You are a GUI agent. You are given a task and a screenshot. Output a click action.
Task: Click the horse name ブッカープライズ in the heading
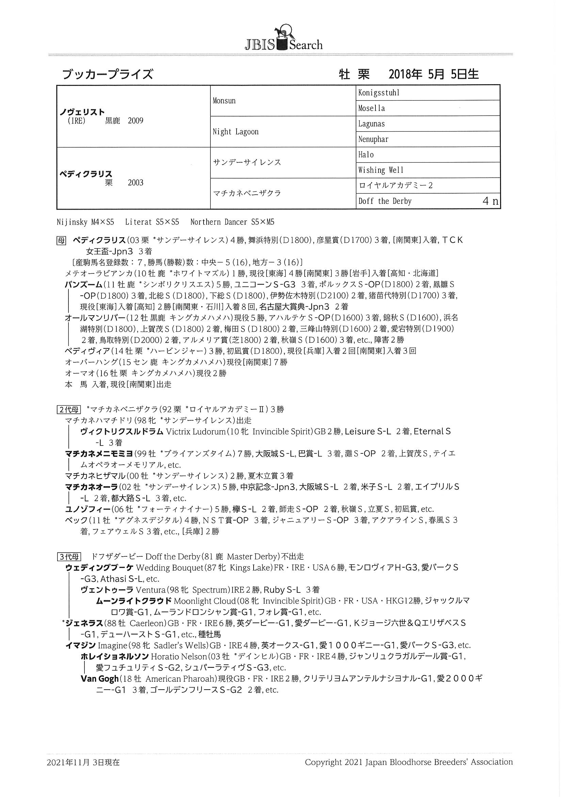107,74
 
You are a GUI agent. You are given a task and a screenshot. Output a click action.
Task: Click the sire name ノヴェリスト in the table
82,112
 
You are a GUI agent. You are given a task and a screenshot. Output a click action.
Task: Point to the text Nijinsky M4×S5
85,222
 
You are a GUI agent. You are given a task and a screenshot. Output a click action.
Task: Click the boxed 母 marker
61,240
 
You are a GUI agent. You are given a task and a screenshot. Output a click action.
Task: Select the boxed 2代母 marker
69,409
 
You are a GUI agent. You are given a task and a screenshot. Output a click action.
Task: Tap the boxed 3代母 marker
69,557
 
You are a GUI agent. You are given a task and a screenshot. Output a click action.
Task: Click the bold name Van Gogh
99,678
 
